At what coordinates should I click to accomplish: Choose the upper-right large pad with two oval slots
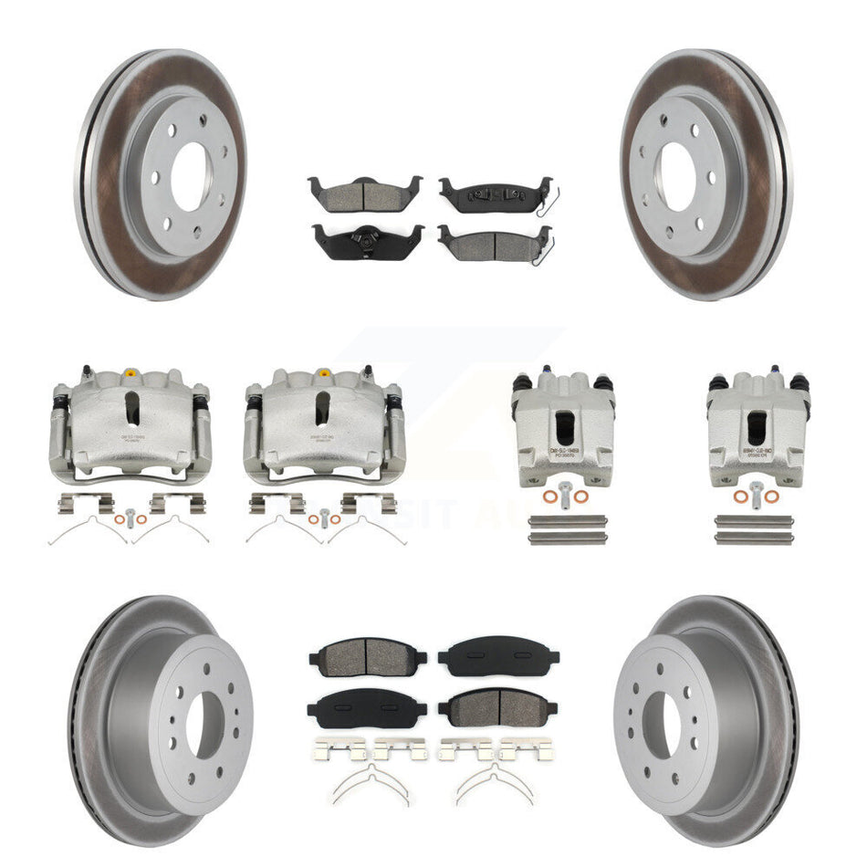pyautogui.click(x=498, y=655)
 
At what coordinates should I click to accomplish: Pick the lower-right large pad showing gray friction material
pyautogui.click(x=498, y=705)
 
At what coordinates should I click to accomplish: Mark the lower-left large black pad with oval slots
pyautogui.click(x=367, y=705)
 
